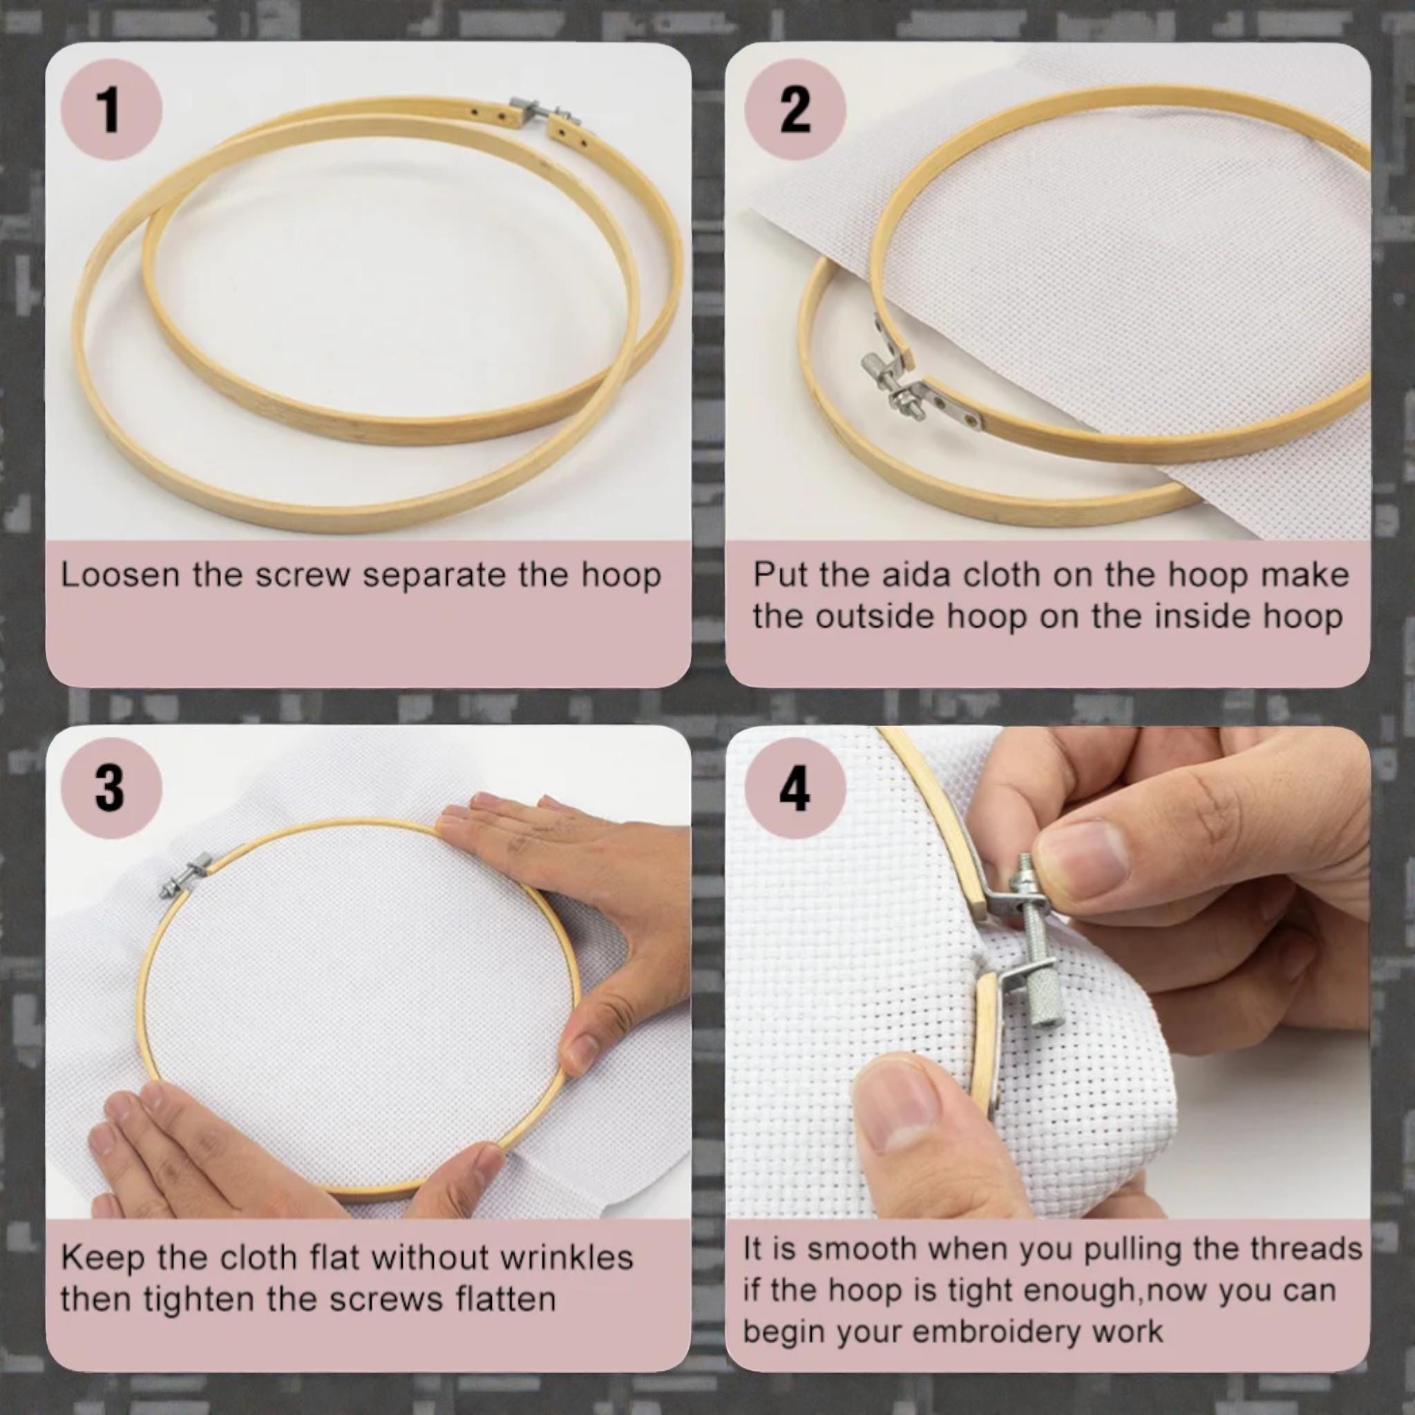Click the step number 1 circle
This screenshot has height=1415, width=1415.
(111, 111)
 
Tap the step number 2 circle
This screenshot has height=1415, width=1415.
(795, 111)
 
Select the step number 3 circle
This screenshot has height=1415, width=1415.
(111, 788)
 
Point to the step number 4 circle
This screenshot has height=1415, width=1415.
(795, 788)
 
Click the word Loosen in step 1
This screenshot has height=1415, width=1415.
(120, 575)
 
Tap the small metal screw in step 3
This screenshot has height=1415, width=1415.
(184, 878)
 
